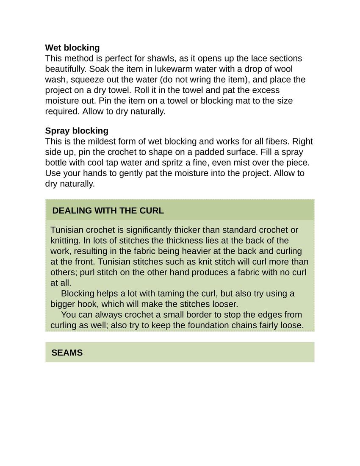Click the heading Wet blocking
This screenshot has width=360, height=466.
(x=72, y=47)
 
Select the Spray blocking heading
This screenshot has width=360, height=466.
(x=77, y=130)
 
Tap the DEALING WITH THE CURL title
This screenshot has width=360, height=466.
(x=108, y=211)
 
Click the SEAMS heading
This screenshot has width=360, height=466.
(x=67, y=352)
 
